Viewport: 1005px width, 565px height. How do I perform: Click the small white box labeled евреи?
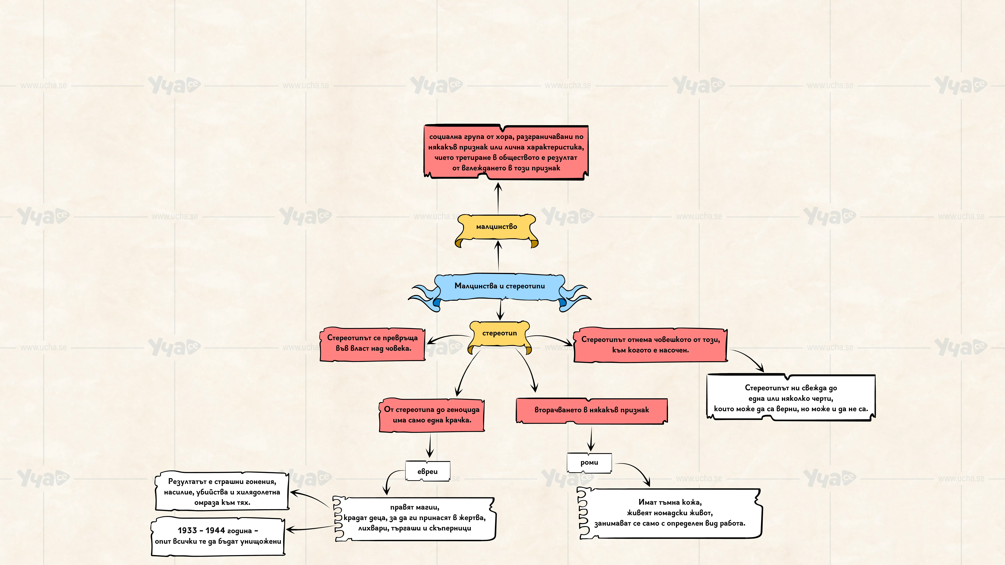[x=428, y=471]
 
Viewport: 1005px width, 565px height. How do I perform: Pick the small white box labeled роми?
[x=589, y=463]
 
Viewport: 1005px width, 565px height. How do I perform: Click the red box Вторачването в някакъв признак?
[x=591, y=410]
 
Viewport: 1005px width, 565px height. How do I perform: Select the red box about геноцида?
[x=431, y=415]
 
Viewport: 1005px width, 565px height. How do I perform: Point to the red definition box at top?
[x=506, y=152]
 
